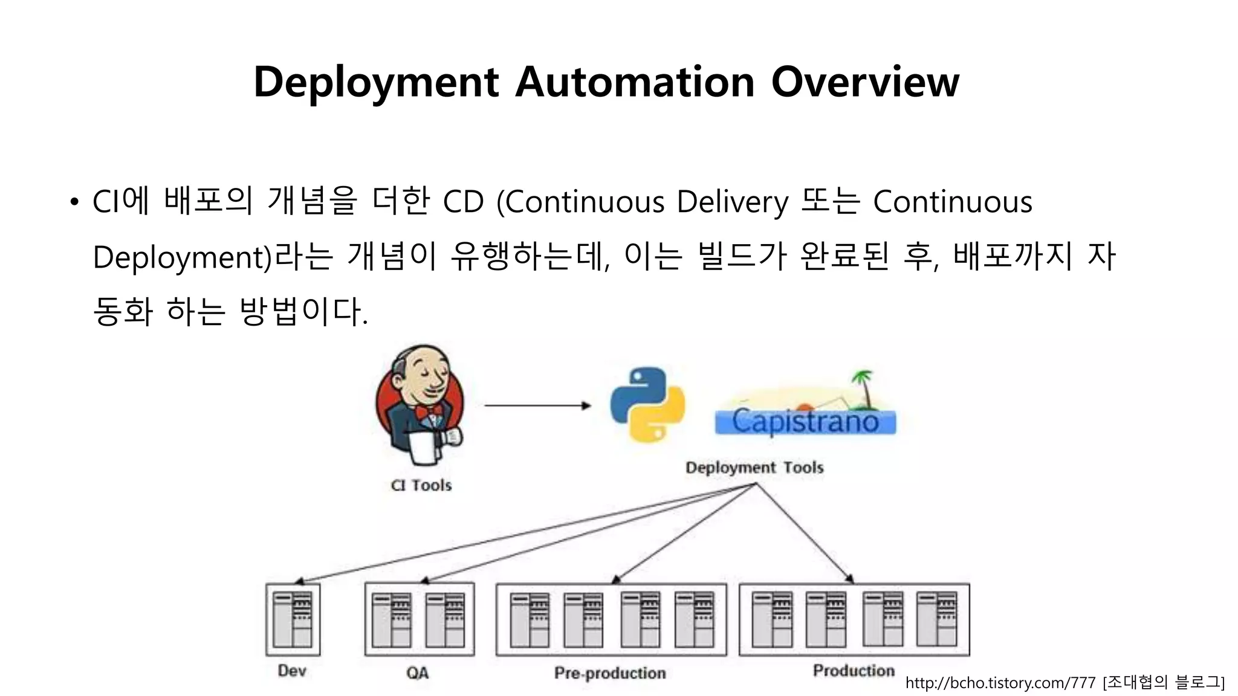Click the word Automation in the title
click(635, 82)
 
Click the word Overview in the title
click(865, 82)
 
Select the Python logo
click(647, 404)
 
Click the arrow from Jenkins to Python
click(537, 405)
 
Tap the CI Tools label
click(421, 485)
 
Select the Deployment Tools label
click(754, 468)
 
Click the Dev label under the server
click(292, 671)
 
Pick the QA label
click(418, 672)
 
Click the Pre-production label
click(610, 672)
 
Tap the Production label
click(854, 671)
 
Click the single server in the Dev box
click(293, 619)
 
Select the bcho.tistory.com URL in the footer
click(1000, 683)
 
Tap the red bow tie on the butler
click(430, 413)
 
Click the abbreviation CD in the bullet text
click(464, 202)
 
